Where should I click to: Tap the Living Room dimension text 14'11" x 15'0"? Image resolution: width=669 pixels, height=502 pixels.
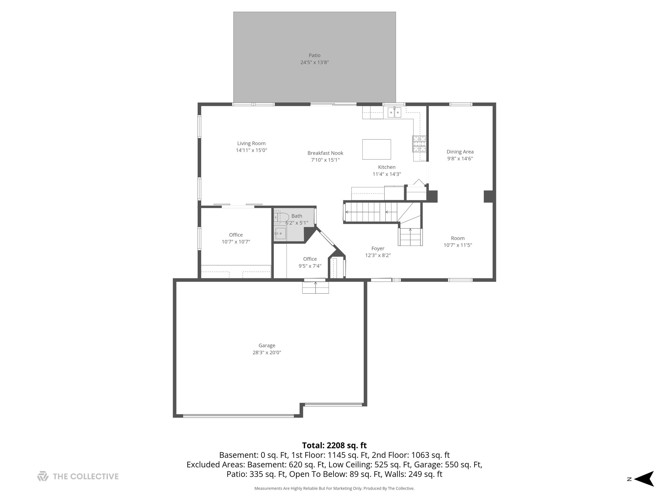click(251, 150)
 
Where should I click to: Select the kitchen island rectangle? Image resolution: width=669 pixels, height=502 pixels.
click(377, 149)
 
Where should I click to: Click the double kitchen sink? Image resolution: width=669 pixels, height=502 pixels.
click(394, 112)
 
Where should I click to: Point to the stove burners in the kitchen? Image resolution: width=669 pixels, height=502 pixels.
click(419, 144)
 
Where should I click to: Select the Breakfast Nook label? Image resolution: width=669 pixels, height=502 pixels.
click(325, 153)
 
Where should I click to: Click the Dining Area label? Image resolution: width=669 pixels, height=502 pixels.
click(460, 152)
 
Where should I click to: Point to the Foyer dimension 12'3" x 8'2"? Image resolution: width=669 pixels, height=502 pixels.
click(378, 255)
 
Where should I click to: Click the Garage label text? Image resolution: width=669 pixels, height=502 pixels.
click(267, 346)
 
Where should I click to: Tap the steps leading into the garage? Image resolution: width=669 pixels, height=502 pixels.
click(316, 288)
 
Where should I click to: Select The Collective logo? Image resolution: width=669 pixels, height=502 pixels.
click(78, 476)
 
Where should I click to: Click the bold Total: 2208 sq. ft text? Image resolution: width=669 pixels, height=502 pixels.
click(334, 445)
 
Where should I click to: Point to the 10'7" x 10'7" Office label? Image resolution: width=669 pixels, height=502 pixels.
click(236, 235)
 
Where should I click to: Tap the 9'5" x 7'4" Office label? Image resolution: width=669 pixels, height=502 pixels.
click(310, 259)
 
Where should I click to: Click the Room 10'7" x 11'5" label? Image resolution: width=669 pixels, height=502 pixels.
click(458, 238)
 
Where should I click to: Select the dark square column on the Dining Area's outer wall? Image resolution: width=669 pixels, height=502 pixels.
click(488, 196)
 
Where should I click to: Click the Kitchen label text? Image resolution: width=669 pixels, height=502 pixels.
click(387, 167)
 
